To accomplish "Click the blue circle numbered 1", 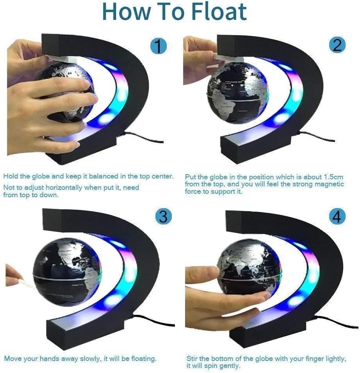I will pos(158,47).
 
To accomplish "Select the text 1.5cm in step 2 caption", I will pos(334,177).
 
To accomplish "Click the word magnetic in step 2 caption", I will pos(330,184).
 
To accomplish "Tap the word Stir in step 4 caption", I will pos(193,358).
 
